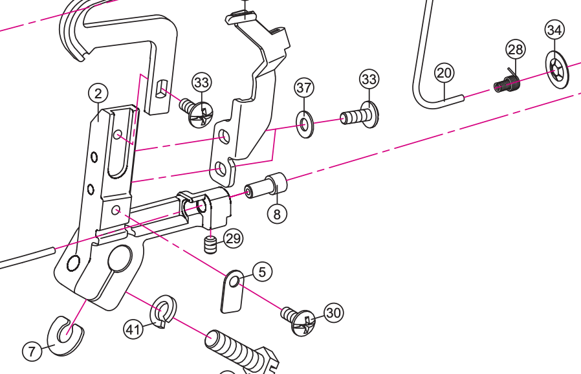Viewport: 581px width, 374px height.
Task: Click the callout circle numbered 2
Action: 98,94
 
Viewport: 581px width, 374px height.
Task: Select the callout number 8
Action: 277,214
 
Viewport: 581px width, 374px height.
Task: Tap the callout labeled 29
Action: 233,239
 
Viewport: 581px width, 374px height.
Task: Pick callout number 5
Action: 262,272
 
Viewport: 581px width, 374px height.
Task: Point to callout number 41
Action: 133,330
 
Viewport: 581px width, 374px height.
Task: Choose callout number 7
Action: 32,351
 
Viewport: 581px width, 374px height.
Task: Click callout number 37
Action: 304,87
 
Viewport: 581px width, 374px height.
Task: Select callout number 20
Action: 444,73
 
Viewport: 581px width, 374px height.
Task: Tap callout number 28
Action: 516,49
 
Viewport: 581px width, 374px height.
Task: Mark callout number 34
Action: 554,30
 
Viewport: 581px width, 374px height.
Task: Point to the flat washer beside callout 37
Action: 305,123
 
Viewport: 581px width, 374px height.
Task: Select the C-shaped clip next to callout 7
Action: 66,335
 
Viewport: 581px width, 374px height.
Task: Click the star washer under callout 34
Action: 556,69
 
